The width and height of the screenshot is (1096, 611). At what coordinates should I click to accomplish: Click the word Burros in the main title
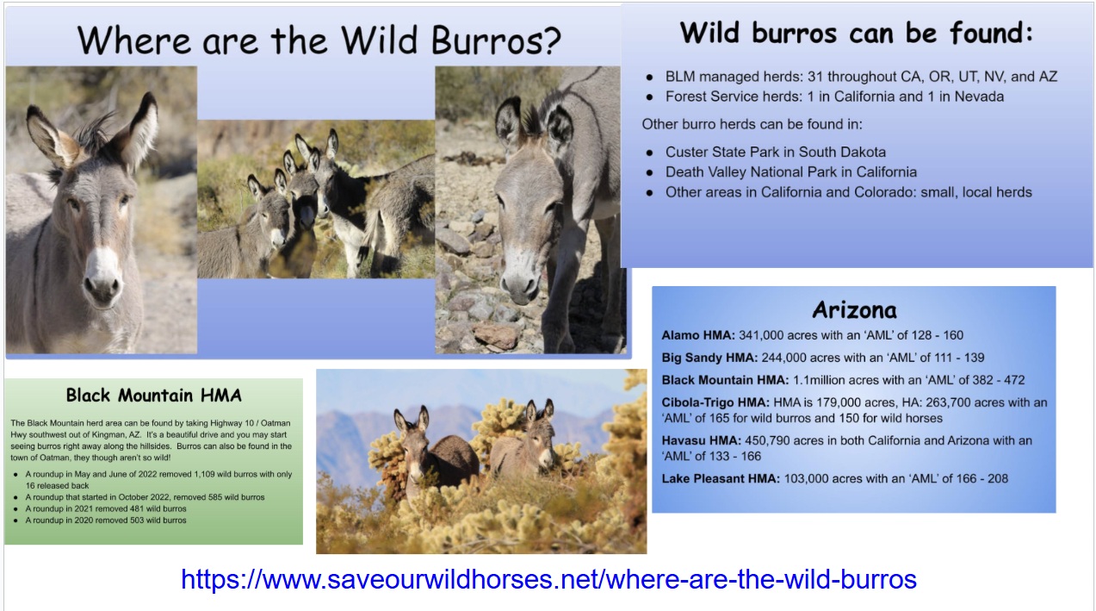[x=496, y=41]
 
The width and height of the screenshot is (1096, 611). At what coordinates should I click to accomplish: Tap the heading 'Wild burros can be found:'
[x=857, y=34]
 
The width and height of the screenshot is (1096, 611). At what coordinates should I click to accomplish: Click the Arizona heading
[x=854, y=310]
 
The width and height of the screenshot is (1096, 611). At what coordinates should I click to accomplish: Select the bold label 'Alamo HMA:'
[x=698, y=335]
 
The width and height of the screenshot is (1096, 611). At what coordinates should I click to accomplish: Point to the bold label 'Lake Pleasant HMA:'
[x=721, y=478]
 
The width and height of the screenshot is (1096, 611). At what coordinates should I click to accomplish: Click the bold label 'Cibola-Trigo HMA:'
[x=715, y=402]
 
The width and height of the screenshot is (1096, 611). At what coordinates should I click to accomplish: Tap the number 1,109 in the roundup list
[x=204, y=474]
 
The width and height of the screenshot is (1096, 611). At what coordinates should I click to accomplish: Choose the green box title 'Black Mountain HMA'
[x=153, y=395]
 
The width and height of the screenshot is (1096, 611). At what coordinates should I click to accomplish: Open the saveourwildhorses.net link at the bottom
[x=548, y=579]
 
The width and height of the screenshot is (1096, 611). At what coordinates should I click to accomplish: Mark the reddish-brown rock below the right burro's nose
[x=496, y=336]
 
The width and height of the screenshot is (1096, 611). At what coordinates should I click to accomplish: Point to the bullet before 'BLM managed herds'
[x=649, y=78]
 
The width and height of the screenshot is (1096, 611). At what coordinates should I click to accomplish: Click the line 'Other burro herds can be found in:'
[x=752, y=124]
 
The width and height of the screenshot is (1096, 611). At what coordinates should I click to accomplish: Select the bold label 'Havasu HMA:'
[x=701, y=440]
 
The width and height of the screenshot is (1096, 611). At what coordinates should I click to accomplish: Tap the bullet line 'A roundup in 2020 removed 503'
[x=106, y=521]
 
